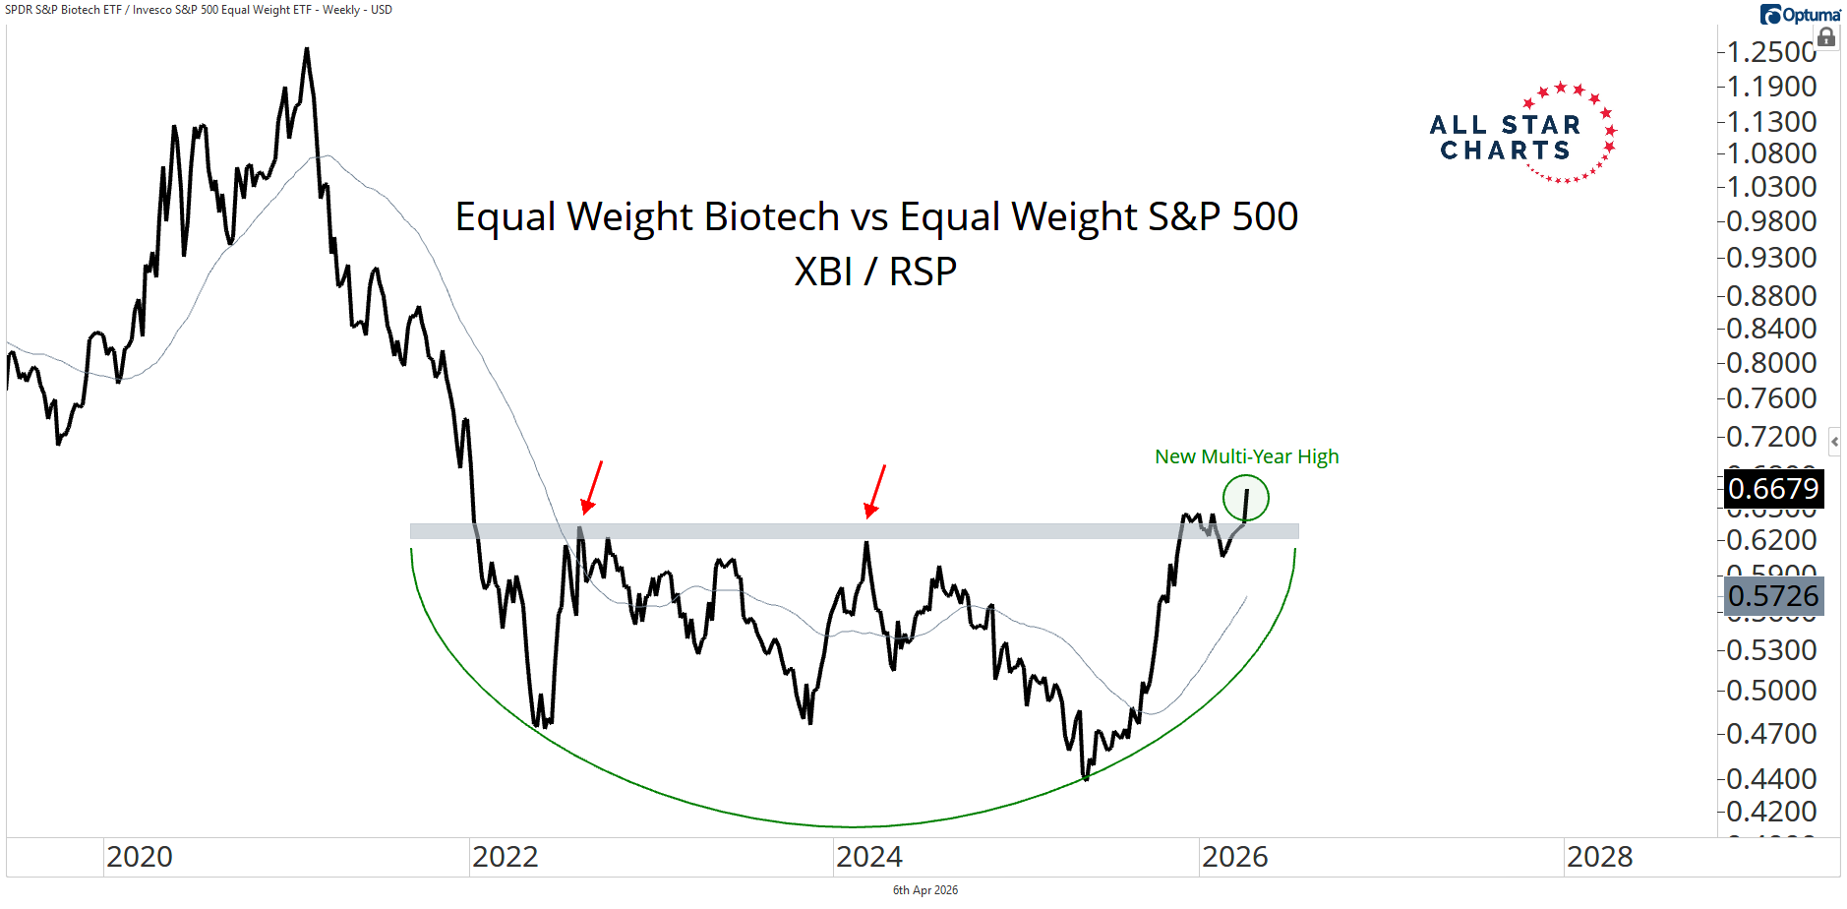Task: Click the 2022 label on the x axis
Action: pyautogui.click(x=505, y=857)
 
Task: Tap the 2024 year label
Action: pyautogui.click(x=869, y=857)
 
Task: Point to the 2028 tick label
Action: pyautogui.click(x=1599, y=857)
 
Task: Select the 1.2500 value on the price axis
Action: pyautogui.click(x=1771, y=52)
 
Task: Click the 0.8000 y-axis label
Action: pyautogui.click(x=1771, y=363)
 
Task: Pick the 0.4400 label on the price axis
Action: pyautogui.click(x=1771, y=779)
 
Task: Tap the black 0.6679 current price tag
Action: pyautogui.click(x=1773, y=489)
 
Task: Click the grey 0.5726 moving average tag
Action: pyautogui.click(x=1773, y=596)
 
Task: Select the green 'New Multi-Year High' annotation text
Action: pyautogui.click(x=1246, y=456)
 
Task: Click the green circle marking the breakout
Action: pyautogui.click(x=1246, y=499)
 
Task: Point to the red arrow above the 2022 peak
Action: pyautogui.click(x=591, y=487)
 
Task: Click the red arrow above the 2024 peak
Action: pyautogui.click(x=874, y=491)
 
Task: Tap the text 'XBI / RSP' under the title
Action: pyautogui.click(x=875, y=272)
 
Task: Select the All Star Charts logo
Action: pyautogui.click(x=1522, y=136)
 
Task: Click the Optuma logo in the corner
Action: pyautogui.click(x=1800, y=15)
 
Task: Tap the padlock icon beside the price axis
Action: pyautogui.click(x=1826, y=37)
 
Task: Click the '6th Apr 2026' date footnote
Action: pyautogui.click(x=924, y=890)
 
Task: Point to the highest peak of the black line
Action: pyautogui.click(x=307, y=49)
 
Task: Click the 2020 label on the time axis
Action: pyautogui.click(x=140, y=857)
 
